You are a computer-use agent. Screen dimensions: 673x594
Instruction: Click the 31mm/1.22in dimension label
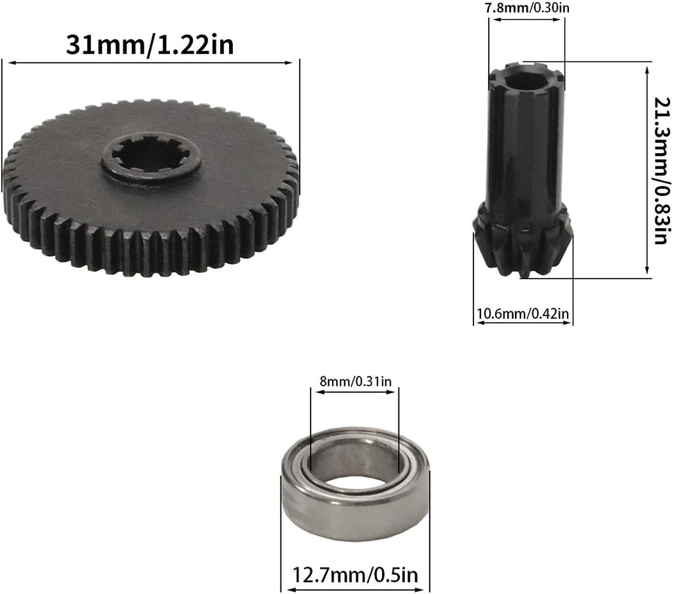click(150, 45)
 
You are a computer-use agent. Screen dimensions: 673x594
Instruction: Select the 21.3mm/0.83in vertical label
click(662, 171)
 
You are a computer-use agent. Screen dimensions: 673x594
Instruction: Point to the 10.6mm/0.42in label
click(523, 313)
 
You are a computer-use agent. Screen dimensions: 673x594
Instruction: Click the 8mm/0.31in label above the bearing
click(356, 381)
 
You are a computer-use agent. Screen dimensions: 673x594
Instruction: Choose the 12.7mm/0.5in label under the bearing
click(355, 575)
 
